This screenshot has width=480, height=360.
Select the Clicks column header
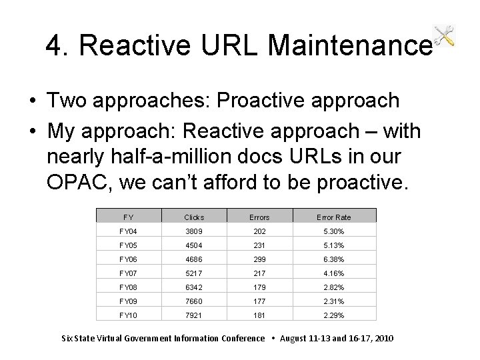pos(194,217)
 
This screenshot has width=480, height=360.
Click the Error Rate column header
pos(333,217)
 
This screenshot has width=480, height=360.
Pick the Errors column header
pos(259,217)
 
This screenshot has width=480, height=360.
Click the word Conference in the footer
pos(241,338)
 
